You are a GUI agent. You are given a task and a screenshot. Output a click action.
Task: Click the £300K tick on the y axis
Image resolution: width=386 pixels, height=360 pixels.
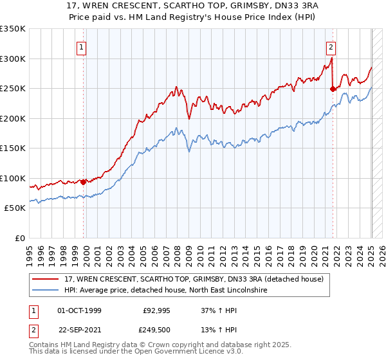click(12, 59)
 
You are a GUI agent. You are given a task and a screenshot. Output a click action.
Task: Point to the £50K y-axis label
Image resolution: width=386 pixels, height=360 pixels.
click(14, 208)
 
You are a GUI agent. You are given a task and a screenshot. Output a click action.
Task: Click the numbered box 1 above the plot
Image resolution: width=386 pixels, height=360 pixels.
click(83, 46)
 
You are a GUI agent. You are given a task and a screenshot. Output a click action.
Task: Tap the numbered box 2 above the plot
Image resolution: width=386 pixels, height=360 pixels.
click(330, 46)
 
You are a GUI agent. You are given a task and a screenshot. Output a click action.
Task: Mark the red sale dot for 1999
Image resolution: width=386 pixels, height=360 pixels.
click(84, 183)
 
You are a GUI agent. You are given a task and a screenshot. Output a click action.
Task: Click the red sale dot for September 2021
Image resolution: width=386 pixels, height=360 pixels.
click(333, 89)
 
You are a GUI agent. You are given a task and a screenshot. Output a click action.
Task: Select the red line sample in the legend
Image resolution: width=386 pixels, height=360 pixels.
click(46, 278)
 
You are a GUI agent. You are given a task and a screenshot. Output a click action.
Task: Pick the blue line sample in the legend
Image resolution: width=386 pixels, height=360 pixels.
click(46, 291)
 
